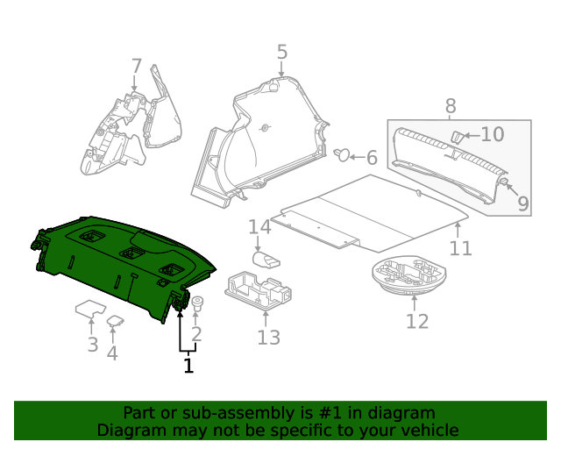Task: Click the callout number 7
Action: click(136, 66)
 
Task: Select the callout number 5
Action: click(281, 52)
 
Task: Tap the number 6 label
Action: click(371, 158)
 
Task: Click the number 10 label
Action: click(492, 134)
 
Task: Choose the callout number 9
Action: click(522, 203)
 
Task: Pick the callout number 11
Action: click(460, 248)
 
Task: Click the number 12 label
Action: click(417, 321)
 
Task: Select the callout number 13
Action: click(268, 338)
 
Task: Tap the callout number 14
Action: click(259, 227)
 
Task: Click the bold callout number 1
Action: click(188, 366)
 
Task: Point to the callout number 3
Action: click(92, 345)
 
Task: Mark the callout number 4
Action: click(112, 353)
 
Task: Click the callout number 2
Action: click(196, 333)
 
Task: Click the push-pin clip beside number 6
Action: click(343, 154)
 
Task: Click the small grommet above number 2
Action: click(197, 304)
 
